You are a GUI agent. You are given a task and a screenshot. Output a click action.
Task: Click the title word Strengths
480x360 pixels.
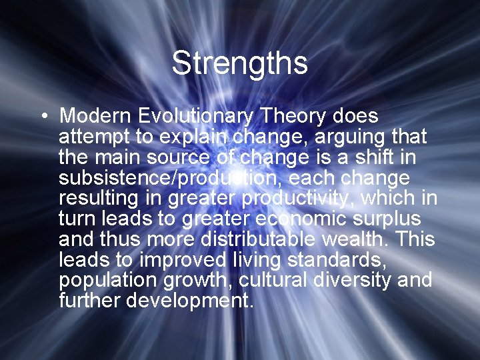click(x=239, y=64)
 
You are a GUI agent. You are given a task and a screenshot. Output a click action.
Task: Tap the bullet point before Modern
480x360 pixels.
click(x=43, y=117)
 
